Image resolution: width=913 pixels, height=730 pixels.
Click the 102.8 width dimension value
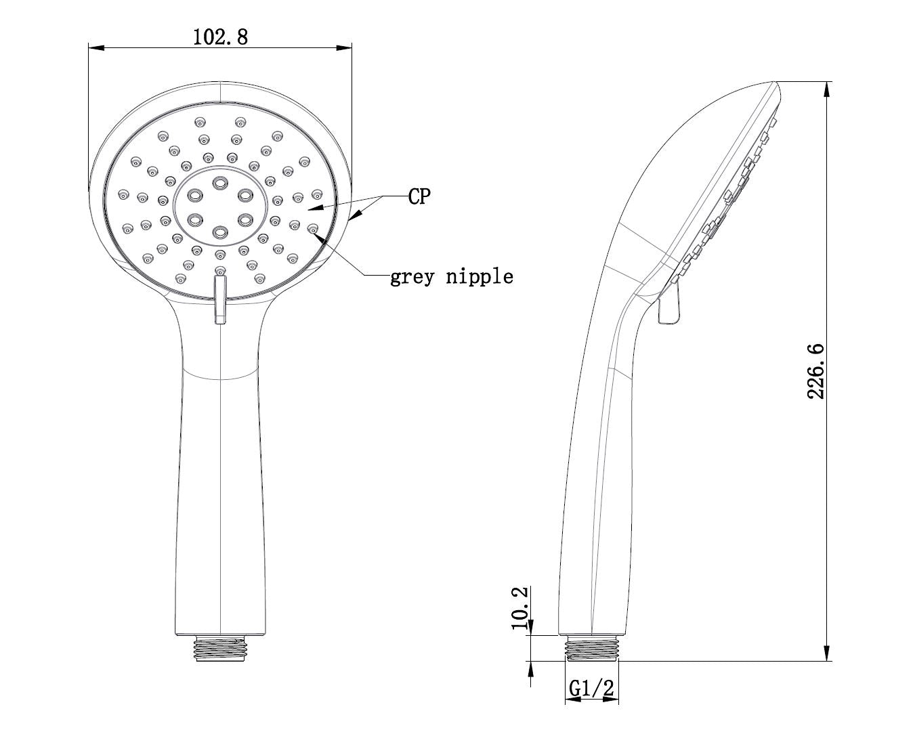[x=220, y=37]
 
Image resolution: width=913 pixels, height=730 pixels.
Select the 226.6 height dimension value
[x=815, y=371]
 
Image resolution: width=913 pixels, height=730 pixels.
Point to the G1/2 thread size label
[x=591, y=688]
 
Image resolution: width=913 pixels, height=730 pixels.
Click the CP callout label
[x=419, y=196]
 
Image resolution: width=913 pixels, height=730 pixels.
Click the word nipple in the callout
[x=480, y=276]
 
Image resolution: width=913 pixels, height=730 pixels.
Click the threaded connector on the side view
[x=592, y=648]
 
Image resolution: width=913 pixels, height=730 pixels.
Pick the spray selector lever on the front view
[x=220, y=299]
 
